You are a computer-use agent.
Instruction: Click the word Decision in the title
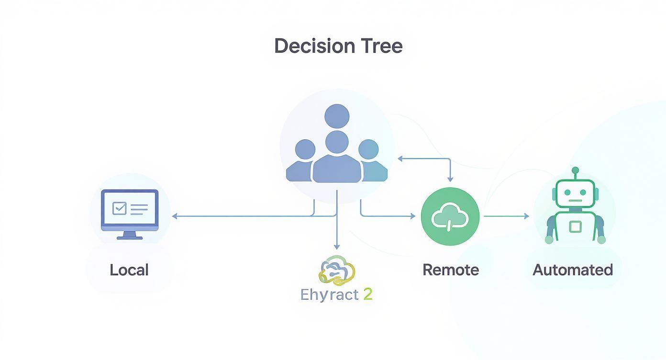314,46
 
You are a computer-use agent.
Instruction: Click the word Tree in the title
382,46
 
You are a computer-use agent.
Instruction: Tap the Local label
129,270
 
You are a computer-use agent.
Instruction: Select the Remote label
451,270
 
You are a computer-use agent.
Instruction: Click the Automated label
573,270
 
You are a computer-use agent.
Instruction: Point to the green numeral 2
367,294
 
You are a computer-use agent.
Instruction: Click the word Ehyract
330,294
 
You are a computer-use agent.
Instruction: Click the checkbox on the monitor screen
119,208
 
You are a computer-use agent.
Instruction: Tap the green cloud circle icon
450,216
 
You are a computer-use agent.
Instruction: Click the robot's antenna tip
576,170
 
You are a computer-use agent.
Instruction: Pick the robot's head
576,194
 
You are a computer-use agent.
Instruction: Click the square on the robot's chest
575,226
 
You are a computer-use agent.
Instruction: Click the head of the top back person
337,116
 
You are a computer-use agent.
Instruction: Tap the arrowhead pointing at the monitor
175,216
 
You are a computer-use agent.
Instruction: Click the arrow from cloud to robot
506,216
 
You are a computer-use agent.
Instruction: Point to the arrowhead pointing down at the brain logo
337,247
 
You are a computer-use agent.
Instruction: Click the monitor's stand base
130,237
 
